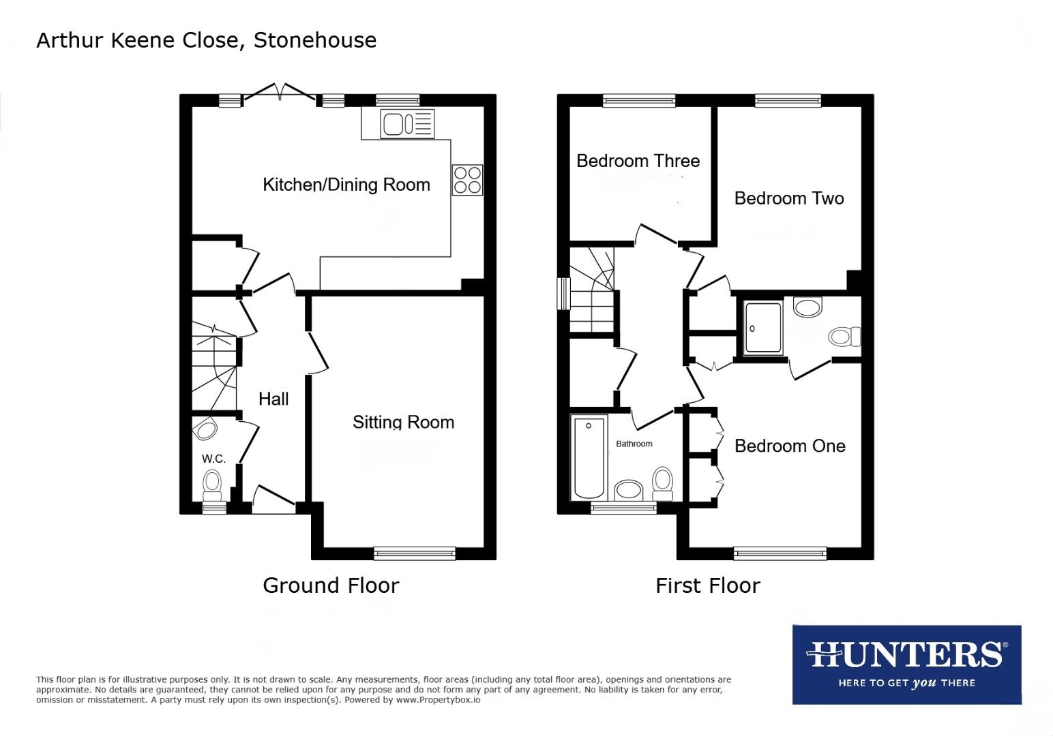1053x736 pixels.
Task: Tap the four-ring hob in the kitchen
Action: pos(467,180)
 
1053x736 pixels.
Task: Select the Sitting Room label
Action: pos(403,423)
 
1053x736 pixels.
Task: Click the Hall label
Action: pos(273,399)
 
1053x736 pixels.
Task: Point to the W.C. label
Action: pos(213,459)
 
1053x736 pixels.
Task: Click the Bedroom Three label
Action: pos(638,161)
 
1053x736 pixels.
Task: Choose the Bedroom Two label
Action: pos(789,198)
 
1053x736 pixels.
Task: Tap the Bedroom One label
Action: pos(790,446)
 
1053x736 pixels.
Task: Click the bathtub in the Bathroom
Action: pos(590,458)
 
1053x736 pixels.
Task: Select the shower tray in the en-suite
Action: pos(763,328)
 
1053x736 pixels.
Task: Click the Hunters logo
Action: pos(906,664)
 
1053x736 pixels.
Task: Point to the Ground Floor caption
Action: pos(331,585)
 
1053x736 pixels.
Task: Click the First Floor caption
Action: pos(707,585)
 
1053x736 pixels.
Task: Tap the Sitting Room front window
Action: pos(415,553)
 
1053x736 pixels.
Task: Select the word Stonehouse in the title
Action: pos(314,40)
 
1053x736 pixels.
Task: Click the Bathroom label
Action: pos(634,444)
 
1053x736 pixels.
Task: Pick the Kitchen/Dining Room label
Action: pos(346,185)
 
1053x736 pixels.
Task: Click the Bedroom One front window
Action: pos(780,553)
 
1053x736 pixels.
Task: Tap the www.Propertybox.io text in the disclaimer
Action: pos(438,700)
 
